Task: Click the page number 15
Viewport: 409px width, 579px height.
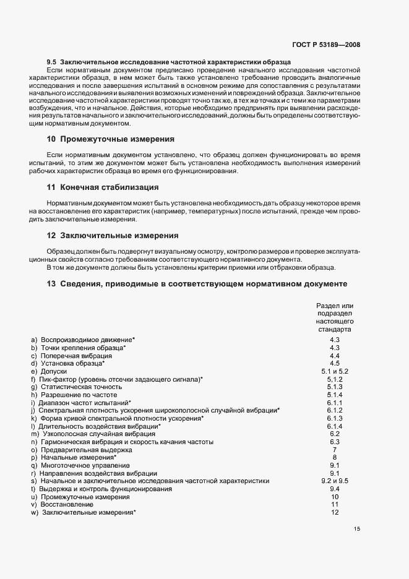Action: point(357,529)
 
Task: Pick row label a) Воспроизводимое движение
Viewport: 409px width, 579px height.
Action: point(83,340)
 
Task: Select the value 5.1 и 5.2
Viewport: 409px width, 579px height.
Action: point(335,371)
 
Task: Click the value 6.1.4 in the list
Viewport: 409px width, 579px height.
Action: point(335,426)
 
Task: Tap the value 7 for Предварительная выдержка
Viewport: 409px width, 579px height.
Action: point(335,450)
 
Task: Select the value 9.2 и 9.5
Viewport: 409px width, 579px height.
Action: point(335,481)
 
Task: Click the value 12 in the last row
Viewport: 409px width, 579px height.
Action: point(335,512)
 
